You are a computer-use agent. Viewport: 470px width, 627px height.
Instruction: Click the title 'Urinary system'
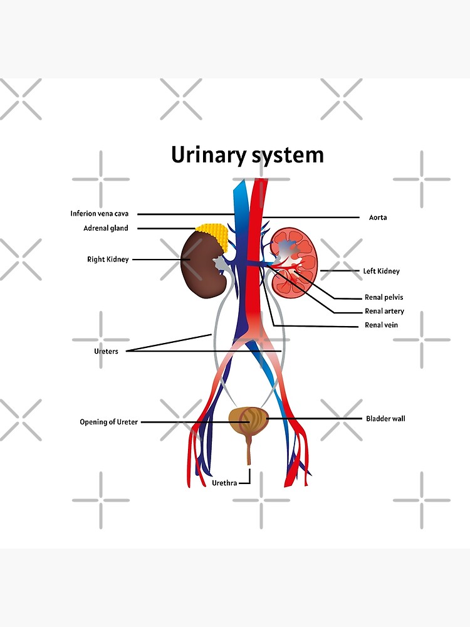pos(248,155)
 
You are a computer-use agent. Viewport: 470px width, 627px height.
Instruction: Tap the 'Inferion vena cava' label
pos(100,214)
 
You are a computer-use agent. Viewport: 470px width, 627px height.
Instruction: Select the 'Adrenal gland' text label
pos(106,228)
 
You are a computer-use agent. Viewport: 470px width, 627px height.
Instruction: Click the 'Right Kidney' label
pos(108,260)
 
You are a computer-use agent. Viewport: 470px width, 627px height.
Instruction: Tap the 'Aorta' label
pos(378,218)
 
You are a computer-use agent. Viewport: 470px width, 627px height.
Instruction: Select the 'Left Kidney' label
pos(381,271)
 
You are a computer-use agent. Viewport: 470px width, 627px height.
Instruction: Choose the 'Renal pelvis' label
pos(384,297)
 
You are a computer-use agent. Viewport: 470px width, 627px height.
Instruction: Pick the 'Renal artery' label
pos(384,311)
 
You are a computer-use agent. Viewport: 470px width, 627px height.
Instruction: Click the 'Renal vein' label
pos(381,325)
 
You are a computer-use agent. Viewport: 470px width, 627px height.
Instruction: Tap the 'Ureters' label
pos(106,351)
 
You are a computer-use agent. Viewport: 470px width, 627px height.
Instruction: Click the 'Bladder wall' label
pos(385,418)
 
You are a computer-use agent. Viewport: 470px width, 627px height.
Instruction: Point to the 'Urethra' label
pos(224,483)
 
